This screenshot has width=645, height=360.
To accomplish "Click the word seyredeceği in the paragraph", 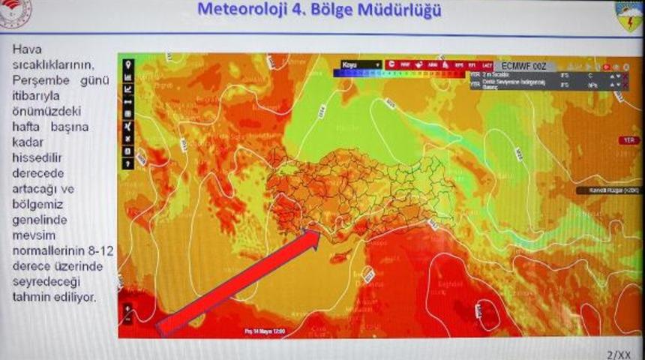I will [46, 281].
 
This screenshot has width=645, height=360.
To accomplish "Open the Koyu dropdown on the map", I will [361, 64].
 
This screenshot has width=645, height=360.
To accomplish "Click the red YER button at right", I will [628, 140].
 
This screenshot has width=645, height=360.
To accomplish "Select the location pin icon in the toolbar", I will [127, 64].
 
